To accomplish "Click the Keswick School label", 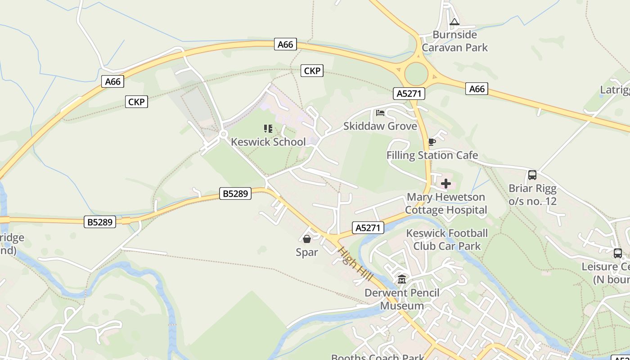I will point(268,142).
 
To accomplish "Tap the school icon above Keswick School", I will point(268,129).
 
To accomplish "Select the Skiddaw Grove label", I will point(380,126).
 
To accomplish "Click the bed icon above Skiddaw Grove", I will point(380,113).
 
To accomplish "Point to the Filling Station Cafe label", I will point(432,155).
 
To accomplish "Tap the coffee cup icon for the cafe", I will point(432,143).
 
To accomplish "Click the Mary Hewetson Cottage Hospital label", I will point(446,203).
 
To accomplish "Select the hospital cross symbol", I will point(446,184).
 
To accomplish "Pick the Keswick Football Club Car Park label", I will point(447,239).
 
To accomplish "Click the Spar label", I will point(307,252).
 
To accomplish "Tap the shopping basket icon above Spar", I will point(307,239).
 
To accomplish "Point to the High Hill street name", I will point(355,264).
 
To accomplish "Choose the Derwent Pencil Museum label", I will point(402,299).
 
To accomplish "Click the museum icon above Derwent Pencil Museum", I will point(402,279).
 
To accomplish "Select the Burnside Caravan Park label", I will point(454,41).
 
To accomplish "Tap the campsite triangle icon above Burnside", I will point(454,22).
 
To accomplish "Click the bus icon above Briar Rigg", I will point(532,175).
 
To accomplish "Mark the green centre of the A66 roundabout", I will point(416,73).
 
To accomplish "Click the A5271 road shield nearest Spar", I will point(368,228).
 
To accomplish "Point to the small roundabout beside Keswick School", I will point(223,134).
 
